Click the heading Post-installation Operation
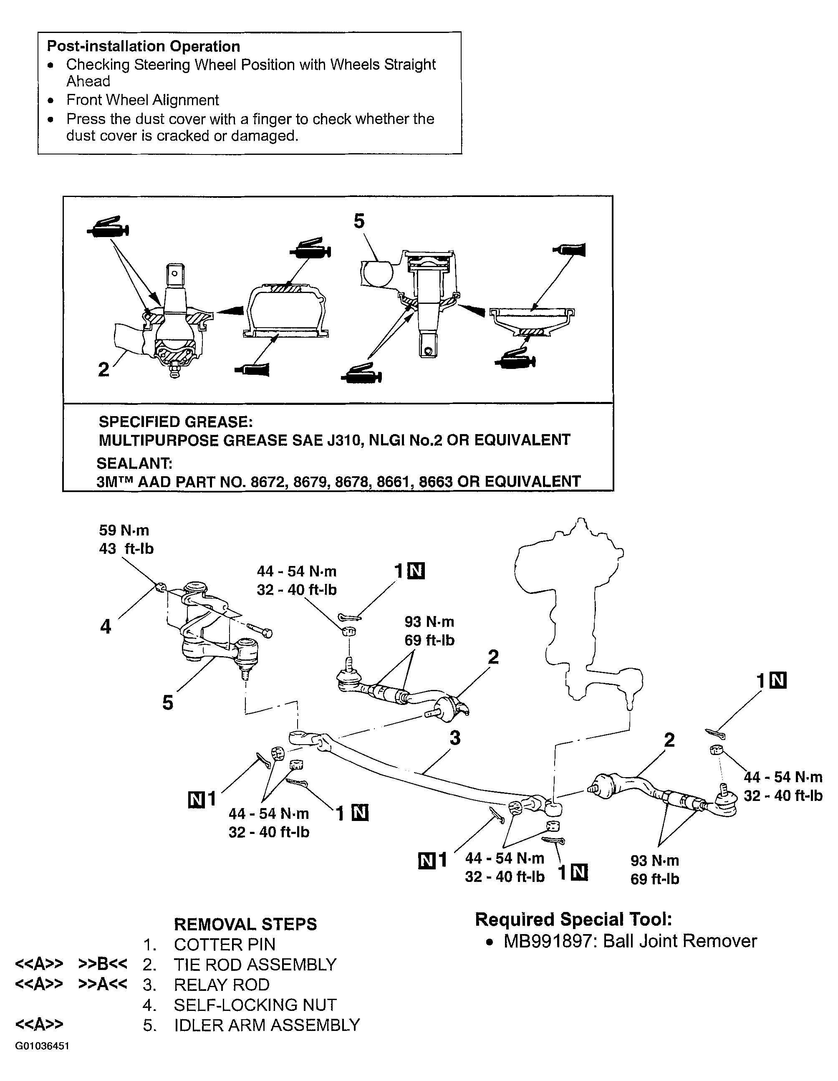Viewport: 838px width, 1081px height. [x=144, y=46]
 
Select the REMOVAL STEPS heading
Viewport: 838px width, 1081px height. [x=245, y=924]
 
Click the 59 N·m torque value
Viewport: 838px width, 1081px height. [x=124, y=530]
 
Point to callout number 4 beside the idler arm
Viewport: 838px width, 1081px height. [x=106, y=627]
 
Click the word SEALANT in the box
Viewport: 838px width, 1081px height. [x=134, y=463]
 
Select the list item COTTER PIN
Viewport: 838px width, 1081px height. [x=225, y=945]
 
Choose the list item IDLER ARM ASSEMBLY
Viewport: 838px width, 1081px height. [x=267, y=1025]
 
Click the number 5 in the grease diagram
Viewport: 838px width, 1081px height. [x=359, y=221]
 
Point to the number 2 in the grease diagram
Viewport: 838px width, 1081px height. [x=103, y=369]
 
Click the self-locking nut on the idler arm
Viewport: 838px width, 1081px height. [x=160, y=588]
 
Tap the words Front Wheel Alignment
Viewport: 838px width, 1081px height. [x=143, y=100]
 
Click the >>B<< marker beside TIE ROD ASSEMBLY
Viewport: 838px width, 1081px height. [x=103, y=964]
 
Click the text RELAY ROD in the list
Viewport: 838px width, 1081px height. [x=222, y=985]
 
